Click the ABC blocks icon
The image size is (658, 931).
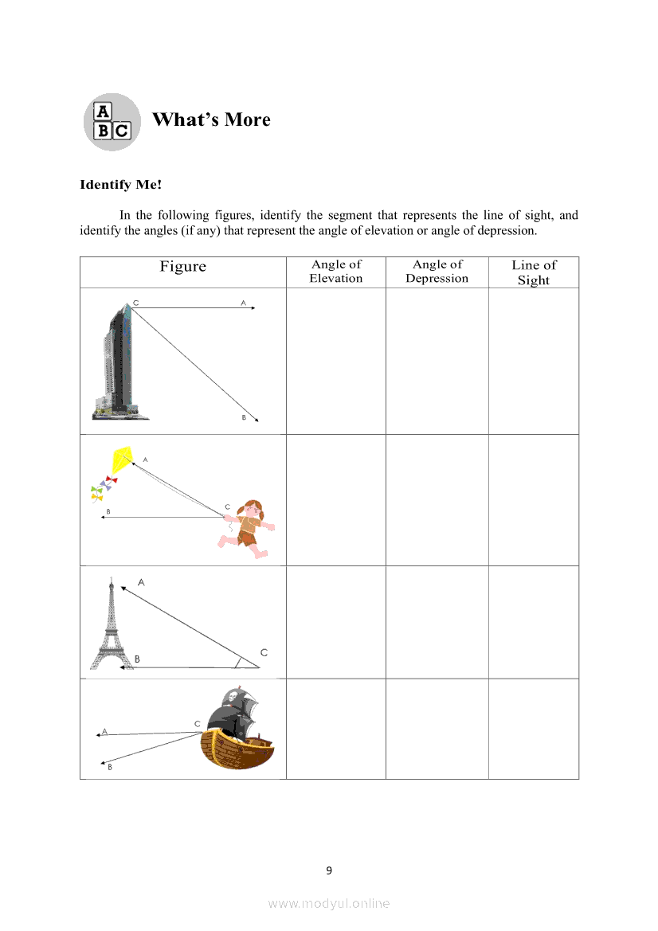pyautogui.click(x=112, y=121)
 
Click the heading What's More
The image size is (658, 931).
pyautogui.click(x=211, y=119)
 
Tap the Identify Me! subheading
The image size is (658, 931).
pyautogui.click(x=120, y=185)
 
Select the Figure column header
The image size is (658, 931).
pyautogui.click(x=182, y=267)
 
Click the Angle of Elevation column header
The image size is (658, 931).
pyautogui.click(x=336, y=271)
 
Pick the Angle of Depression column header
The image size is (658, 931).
pyautogui.click(x=437, y=271)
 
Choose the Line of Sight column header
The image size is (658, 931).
pyautogui.click(x=534, y=272)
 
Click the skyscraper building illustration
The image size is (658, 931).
pyautogui.click(x=118, y=362)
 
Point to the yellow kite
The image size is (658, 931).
pyautogui.click(x=123, y=460)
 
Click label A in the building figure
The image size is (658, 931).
pyautogui.click(x=243, y=303)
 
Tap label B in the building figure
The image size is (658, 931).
pyautogui.click(x=244, y=418)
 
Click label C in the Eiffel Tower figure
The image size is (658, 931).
pyautogui.click(x=264, y=652)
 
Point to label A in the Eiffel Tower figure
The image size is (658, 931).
pyautogui.click(x=141, y=582)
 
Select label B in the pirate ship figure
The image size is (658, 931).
pyautogui.click(x=109, y=767)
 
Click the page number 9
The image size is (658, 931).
pyautogui.click(x=329, y=870)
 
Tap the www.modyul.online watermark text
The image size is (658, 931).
pyautogui.click(x=329, y=903)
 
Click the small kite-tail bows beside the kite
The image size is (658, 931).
pyautogui.click(x=100, y=487)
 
